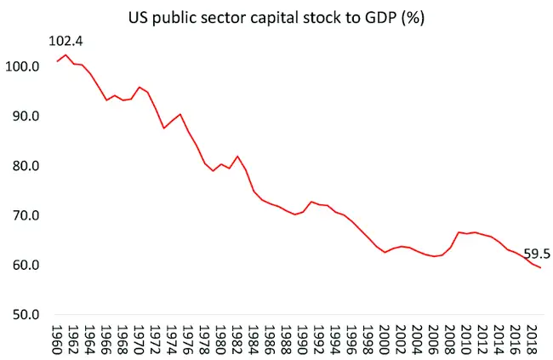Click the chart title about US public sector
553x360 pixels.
(277, 16)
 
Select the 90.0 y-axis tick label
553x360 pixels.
(26, 116)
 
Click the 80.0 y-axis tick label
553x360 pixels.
(26, 166)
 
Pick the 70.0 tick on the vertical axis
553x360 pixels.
(26, 215)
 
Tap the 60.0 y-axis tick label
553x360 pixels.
(26, 265)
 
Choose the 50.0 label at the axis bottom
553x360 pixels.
(26, 315)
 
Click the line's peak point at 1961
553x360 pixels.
(66, 55)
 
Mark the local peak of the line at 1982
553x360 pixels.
(238, 157)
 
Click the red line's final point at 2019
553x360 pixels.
(539, 268)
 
